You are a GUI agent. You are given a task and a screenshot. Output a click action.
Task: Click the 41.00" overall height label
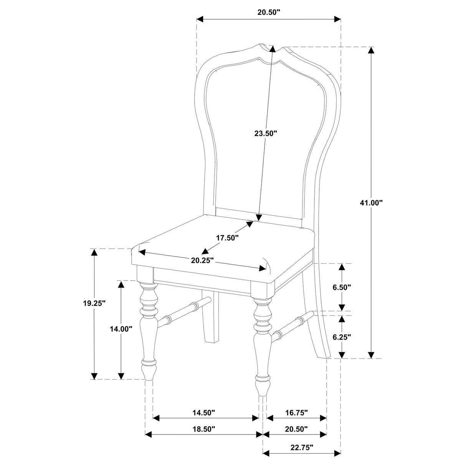click(x=372, y=203)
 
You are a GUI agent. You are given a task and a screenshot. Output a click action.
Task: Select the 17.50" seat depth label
click(x=227, y=238)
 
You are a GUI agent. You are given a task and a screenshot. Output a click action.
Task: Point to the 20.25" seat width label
click(x=202, y=260)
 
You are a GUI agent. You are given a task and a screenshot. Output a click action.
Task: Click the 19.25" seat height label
click(x=94, y=303)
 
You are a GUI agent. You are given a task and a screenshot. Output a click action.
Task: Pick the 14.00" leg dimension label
click(x=121, y=329)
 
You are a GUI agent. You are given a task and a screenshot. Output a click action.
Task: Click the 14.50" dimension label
click(x=203, y=413)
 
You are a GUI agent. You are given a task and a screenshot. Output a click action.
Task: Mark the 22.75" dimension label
click(x=301, y=447)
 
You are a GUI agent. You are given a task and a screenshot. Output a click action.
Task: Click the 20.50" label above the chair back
click(x=269, y=12)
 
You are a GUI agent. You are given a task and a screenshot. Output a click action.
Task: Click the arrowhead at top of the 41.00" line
click(x=371, y=50)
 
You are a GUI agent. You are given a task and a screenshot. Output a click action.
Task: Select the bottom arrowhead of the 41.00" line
click(x=371, y=355)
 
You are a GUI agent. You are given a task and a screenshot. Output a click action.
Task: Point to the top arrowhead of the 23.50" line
click(x=272, y=49)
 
